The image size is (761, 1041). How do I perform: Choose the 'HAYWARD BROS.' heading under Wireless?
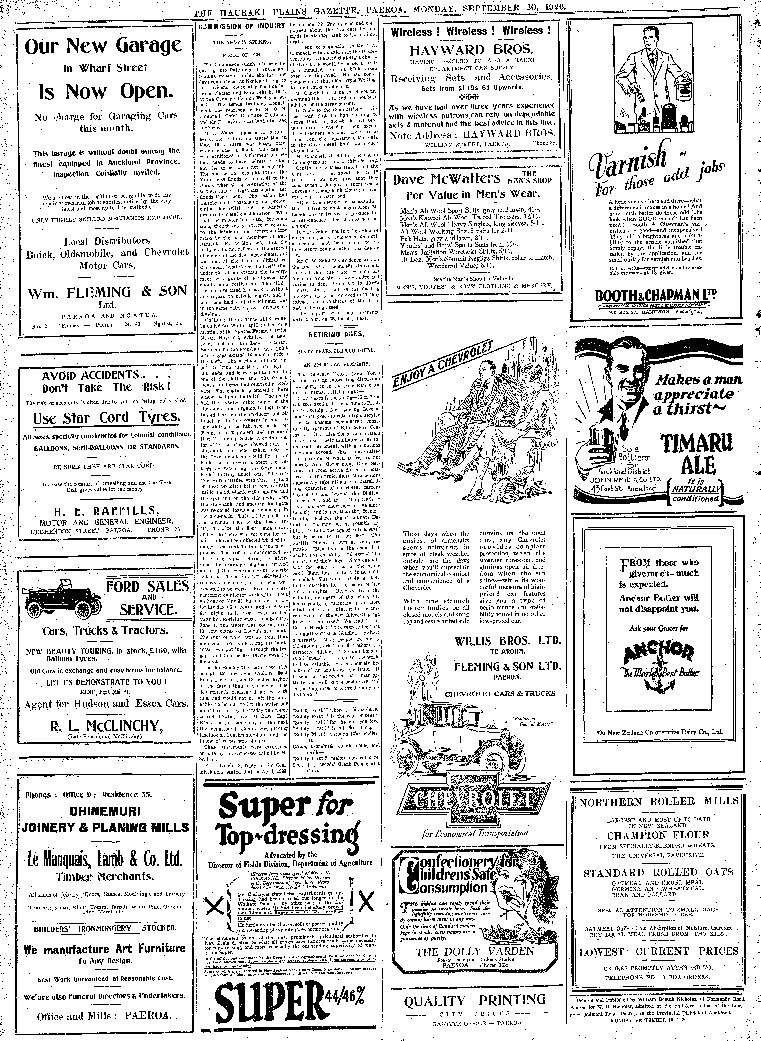point(472,50)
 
